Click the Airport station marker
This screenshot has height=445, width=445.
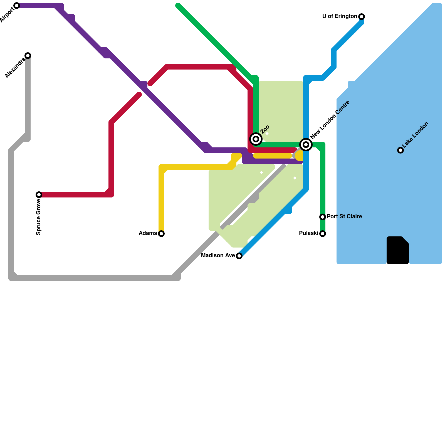coord(17,6)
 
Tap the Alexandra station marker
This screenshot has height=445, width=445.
coord(28,56)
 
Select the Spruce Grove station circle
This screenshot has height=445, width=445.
coord(39,195)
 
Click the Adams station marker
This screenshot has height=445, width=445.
coord(161,234)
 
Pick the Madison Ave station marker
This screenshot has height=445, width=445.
coord(239,256)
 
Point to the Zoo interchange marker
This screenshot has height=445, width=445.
coord(256,139)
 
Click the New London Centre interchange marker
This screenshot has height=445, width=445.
coord(306,145)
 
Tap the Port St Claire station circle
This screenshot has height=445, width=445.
coord(323,217)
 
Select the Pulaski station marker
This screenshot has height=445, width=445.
coord(323,234)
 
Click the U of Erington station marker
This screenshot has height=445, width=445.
coord(362,17)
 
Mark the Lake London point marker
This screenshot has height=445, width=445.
coord(400,150)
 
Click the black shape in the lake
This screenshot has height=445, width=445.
coord(398,250)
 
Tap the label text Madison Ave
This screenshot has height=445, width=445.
coord(218,256)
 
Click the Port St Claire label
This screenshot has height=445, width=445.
coord(344,217)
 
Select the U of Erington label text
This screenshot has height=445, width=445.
coord(340,16)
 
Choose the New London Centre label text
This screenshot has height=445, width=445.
coord(330,120)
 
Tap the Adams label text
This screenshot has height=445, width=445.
coord(148,233)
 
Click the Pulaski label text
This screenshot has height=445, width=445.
coord(308,233)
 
